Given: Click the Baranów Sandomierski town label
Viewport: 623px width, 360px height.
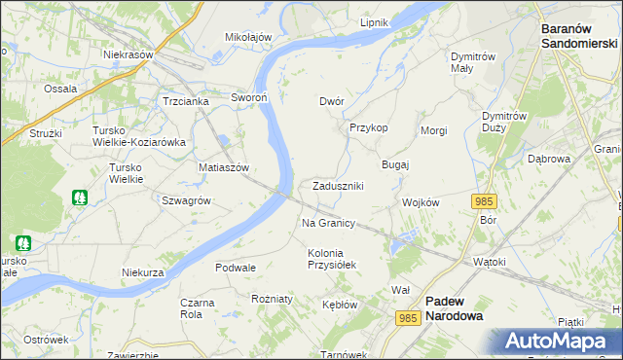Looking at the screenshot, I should tap(579, 36).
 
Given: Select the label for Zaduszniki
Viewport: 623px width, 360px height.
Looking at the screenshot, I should tap(338, 186).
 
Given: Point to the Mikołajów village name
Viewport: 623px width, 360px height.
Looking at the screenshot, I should tap(248, 37).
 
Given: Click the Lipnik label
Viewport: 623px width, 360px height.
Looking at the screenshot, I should tap(374, 22).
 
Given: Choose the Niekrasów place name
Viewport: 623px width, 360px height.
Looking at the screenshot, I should tap(129, 55).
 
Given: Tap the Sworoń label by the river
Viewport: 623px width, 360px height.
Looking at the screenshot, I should tap(249, 98).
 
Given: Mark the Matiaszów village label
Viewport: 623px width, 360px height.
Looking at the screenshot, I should tap(225, 167).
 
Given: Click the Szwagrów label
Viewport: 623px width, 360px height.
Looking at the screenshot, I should tap(187, 200).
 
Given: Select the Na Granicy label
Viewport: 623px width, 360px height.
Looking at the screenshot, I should tap(328, 224).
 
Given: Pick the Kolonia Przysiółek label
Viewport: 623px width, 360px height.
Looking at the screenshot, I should tap(333, 259).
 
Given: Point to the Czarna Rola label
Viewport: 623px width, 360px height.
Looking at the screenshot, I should tap(198, 308).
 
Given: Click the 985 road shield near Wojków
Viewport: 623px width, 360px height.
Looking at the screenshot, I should tap(483, 200).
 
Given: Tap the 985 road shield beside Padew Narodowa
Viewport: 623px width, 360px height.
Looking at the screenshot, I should tap(409, 317).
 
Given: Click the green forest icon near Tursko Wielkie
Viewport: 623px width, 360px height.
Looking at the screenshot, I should tap(80, 198).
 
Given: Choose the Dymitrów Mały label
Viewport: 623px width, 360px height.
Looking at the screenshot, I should tap(476, 62).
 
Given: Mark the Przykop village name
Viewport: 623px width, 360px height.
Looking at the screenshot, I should tap(369, 127).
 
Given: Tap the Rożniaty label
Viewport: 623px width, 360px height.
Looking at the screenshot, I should tap(272, 300).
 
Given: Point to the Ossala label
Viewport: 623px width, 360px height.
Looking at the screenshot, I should tap(60, 89).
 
